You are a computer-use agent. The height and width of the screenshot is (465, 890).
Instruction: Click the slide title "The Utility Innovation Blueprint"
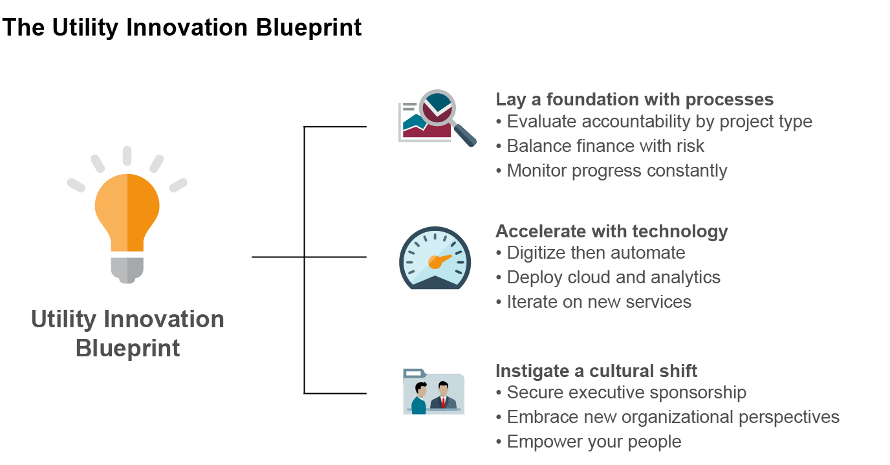[182, 28]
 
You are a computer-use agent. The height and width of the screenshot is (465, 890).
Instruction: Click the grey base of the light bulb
[127, 268]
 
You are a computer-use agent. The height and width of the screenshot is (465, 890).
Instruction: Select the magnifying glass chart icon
[436, 117]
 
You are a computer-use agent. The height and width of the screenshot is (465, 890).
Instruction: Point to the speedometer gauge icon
[435, 257]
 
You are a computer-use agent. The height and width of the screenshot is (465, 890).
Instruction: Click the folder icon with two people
[433, 391]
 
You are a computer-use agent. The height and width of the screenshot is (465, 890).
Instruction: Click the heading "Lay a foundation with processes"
[635, 100]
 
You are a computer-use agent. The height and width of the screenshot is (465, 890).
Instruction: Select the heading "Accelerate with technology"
[611, 232]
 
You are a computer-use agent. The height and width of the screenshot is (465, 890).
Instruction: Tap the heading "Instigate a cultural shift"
[596, 371]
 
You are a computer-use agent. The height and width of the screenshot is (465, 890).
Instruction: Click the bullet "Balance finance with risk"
[605, 146]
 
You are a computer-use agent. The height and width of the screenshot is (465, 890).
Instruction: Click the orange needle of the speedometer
[439, 261]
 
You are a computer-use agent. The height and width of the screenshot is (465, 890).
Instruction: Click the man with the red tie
[444, 396]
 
